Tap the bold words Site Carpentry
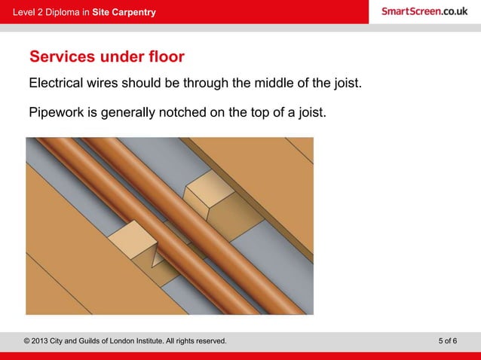point(124,12)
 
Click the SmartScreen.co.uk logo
point(424,11)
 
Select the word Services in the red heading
point(63,57)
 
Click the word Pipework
point(57,114)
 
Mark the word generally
point(127,114)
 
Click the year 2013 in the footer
point(42,341)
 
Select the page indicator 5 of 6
point(447,341)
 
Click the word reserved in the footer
point(208,341)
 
